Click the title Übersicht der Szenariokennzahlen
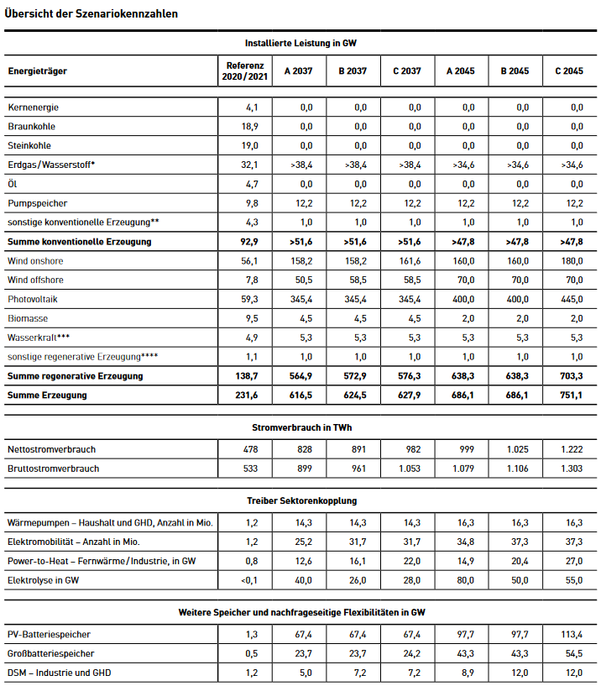[91, 14]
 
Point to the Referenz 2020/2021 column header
[245, 71]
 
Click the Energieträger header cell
[38, 71]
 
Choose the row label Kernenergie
[34, 107]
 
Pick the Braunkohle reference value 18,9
[250, 126]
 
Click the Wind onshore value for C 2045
[571, 261]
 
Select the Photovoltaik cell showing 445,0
[571, 300]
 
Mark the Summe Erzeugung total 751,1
[571, 395]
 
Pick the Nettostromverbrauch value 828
[304, 450]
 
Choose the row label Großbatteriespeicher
[50, 653]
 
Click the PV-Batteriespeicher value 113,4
[570, 634]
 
